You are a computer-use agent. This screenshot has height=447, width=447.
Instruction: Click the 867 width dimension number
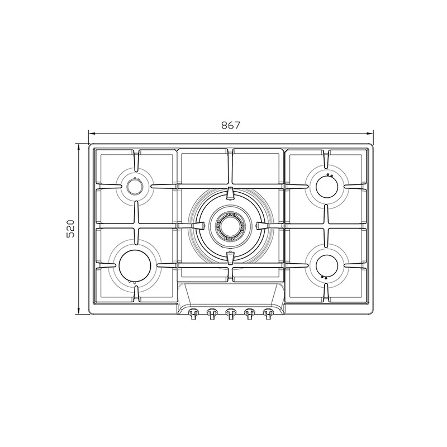231,125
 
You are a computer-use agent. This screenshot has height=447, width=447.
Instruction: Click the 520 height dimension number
70,229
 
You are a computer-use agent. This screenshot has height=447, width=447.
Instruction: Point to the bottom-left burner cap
135,265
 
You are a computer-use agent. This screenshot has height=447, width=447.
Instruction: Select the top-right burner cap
327,187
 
